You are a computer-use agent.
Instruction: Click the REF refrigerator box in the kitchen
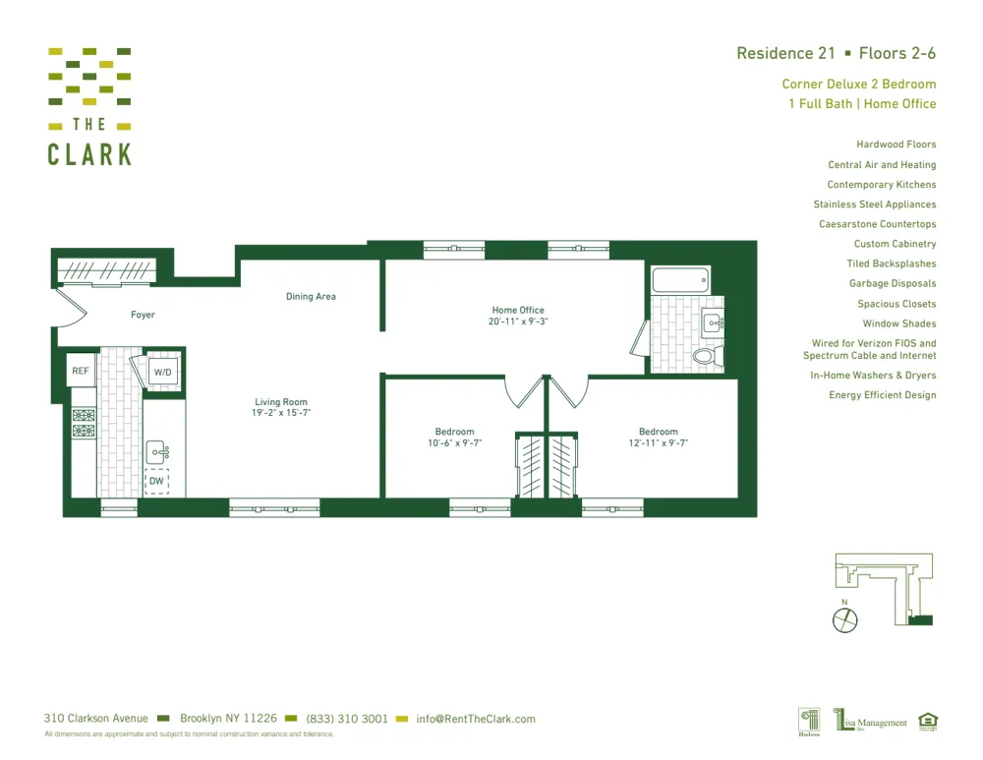click(81, 372)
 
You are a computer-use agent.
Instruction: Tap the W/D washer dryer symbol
click(162, 373)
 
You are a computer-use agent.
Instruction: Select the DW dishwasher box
click(156, 481)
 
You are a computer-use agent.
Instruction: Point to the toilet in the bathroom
click(707, 354)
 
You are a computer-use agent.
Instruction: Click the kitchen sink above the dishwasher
click(157, 452)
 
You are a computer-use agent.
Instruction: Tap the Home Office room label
click(518, 311)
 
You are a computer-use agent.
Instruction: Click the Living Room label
click(281, 402)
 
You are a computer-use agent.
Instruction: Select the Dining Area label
click(311, 296)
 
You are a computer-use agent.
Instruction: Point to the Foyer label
click(143, 315)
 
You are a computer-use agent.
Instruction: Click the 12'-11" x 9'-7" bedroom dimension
click(658, 443)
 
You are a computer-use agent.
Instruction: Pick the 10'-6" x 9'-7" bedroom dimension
click(454, 443)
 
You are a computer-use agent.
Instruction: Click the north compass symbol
click(844, 619)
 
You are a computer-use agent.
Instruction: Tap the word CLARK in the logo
click(89, 154)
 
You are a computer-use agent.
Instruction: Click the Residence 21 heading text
click(785, 53)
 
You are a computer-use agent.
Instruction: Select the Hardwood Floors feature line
click(896, 145)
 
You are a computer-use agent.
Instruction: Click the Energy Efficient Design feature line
click(882, 395)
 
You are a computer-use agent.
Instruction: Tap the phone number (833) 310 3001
click(347, 719)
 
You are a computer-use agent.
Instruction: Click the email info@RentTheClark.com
click(476, 719)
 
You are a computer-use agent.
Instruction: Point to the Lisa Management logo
click(871, 723)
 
